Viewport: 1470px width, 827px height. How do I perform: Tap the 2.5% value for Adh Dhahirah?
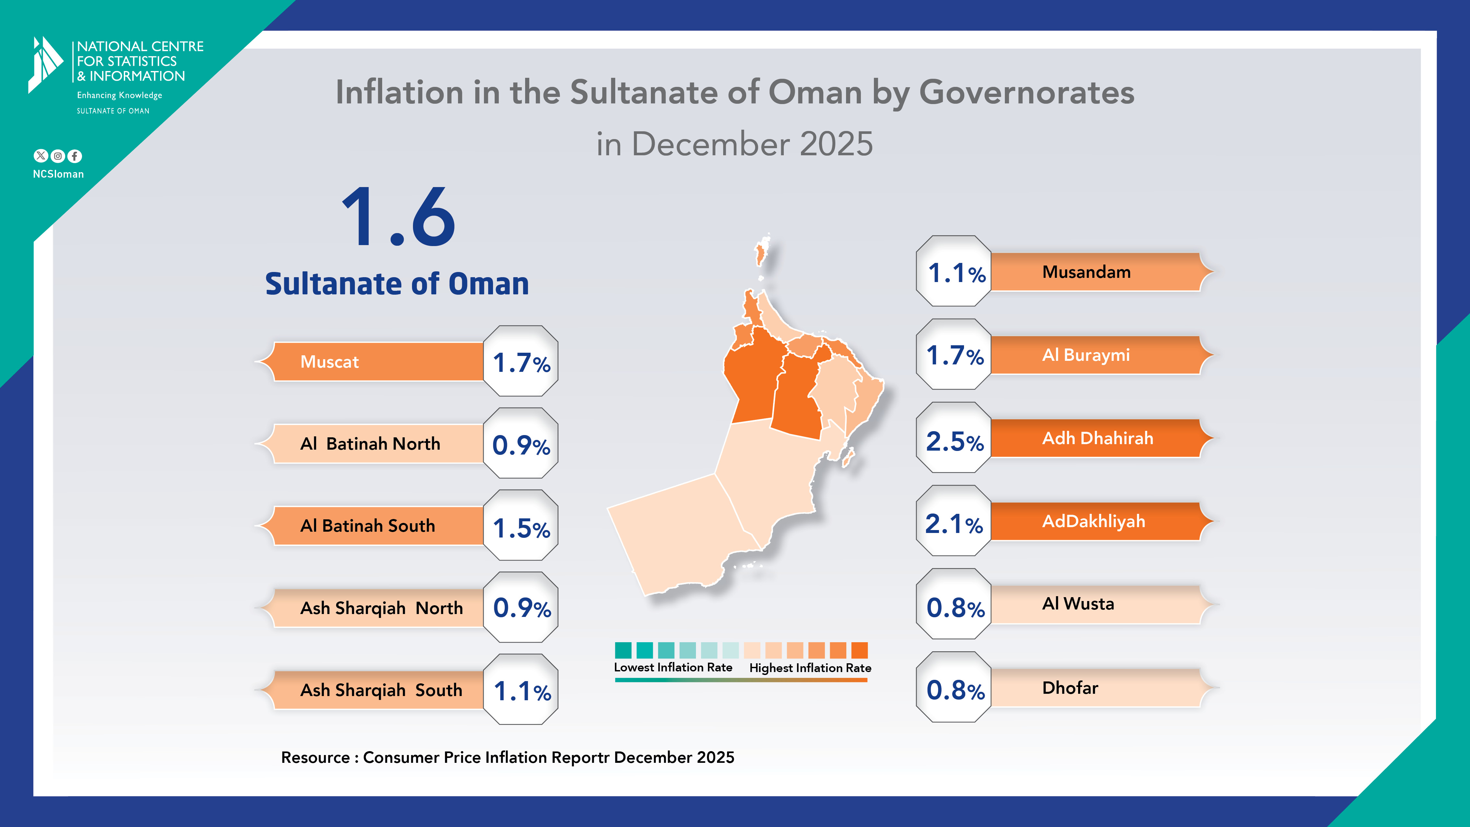coord(954,441)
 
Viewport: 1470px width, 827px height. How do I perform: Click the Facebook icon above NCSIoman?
coord(75,156)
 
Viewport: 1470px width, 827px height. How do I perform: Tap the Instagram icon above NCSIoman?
coord(58,156)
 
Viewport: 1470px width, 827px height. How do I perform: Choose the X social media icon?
coord(41,156)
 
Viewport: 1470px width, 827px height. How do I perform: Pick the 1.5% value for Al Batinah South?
coord(521,528)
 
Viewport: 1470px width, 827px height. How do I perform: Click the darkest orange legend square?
coord(859,650)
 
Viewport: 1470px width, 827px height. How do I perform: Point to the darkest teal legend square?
coord(623,650)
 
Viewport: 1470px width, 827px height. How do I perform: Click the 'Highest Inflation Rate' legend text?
coord(810,668)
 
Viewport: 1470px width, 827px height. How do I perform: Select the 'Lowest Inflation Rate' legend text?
coord(673,667)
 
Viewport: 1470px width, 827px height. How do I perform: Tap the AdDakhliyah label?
coord(1093,521)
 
